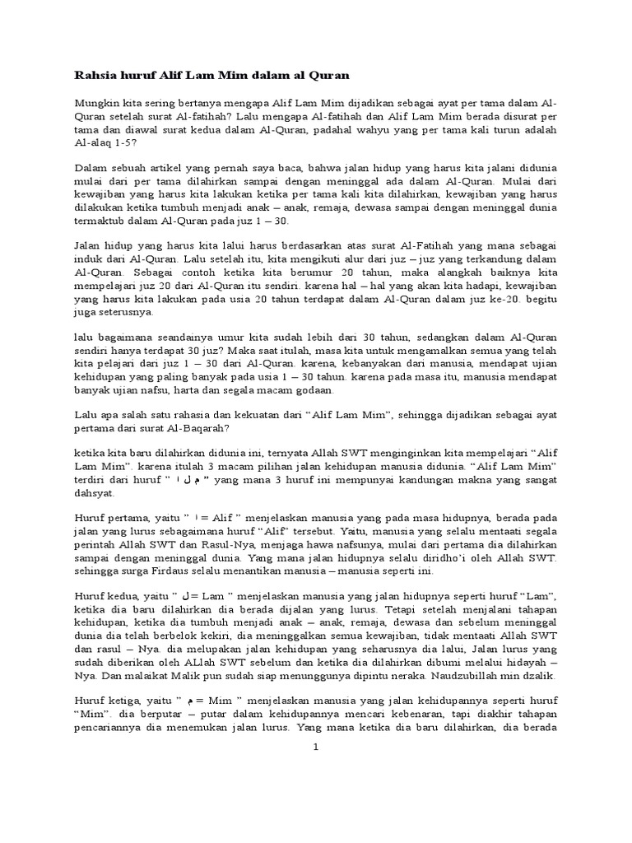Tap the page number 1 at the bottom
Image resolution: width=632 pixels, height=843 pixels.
[316, 748]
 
